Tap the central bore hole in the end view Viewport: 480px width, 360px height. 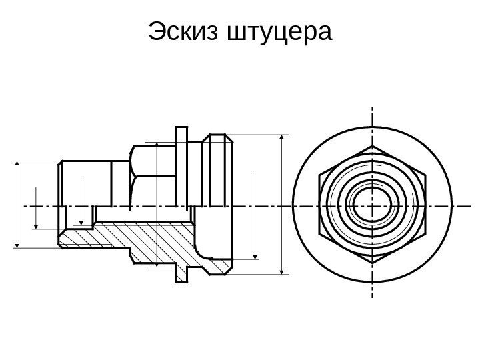pos(371,206)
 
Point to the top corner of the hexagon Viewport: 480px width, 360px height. pos(372,146)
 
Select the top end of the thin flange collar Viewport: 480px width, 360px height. pos(181,129)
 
